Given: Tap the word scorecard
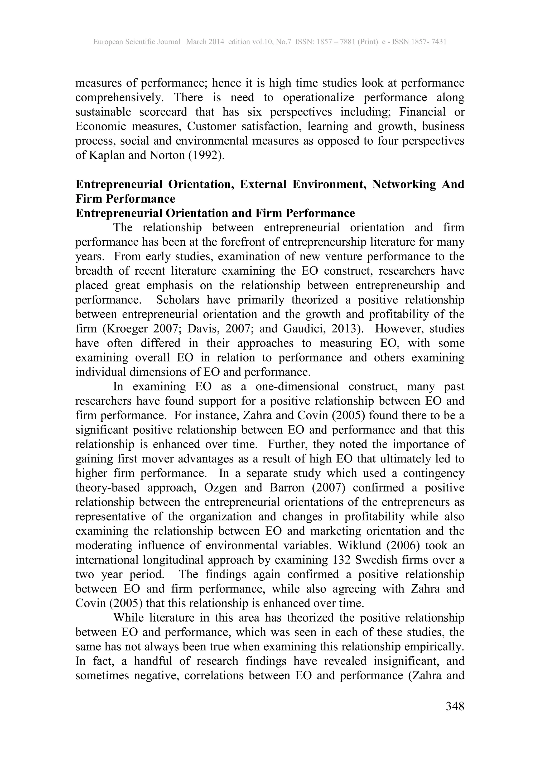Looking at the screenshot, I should [163, 112].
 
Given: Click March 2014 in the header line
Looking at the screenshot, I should [205, 42].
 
